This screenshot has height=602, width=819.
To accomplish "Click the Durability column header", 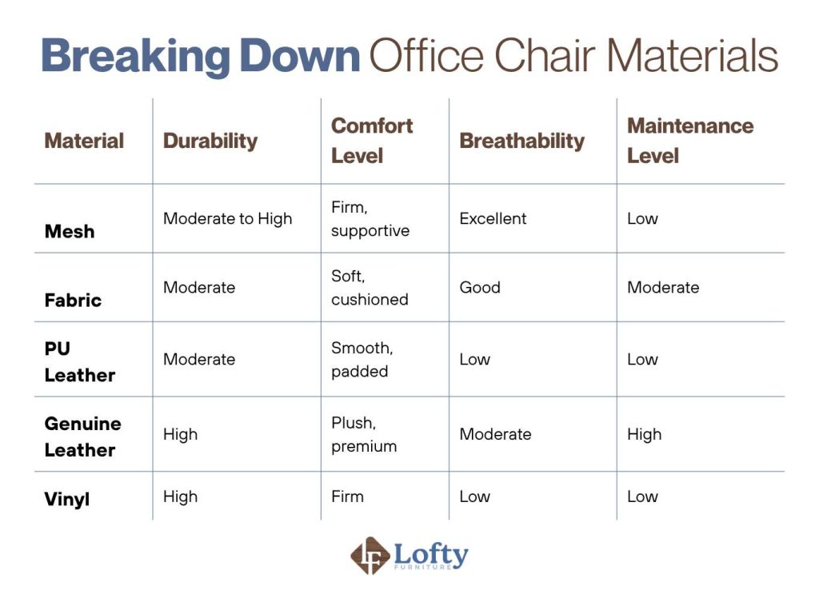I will click(210, 141).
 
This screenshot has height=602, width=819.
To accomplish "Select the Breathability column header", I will click(521, 141).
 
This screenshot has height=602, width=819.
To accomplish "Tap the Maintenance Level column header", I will click(689, 140).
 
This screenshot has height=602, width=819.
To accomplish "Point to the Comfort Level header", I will click(372, 140).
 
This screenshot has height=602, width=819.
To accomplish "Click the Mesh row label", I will click(70, 231).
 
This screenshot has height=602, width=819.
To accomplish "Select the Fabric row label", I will click(73, 300).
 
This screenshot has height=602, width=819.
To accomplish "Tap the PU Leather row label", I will click(79, 362).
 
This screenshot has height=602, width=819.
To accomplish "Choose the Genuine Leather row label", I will click(82, 437).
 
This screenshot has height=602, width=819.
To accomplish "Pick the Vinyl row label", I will click(67, 499).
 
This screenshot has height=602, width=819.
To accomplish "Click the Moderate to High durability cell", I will click(228, 218).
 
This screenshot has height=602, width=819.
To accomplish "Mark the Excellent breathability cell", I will click(493, 218).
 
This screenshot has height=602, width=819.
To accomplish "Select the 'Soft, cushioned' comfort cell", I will click(370, 288).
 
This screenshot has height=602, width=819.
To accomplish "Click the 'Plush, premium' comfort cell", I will click(364, 435).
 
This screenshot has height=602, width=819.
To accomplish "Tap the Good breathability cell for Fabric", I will click(480, 287).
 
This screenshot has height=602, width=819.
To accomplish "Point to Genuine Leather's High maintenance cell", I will click(644, 434).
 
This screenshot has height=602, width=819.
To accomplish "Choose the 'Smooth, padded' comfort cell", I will click(362, 360).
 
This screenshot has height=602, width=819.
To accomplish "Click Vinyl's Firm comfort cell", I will click(347, 496).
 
